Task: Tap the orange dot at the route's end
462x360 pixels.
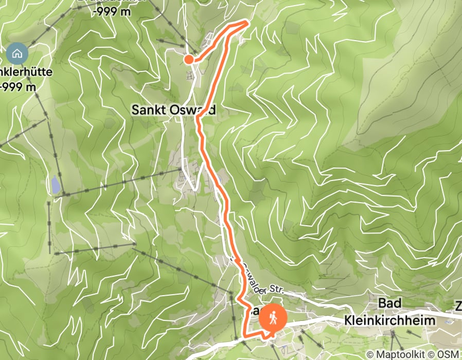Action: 189,59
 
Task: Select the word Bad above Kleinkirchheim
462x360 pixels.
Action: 389,303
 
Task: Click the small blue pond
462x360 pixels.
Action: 55,184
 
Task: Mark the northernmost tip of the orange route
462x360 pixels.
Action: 248,21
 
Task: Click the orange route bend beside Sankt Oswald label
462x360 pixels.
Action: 198,118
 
